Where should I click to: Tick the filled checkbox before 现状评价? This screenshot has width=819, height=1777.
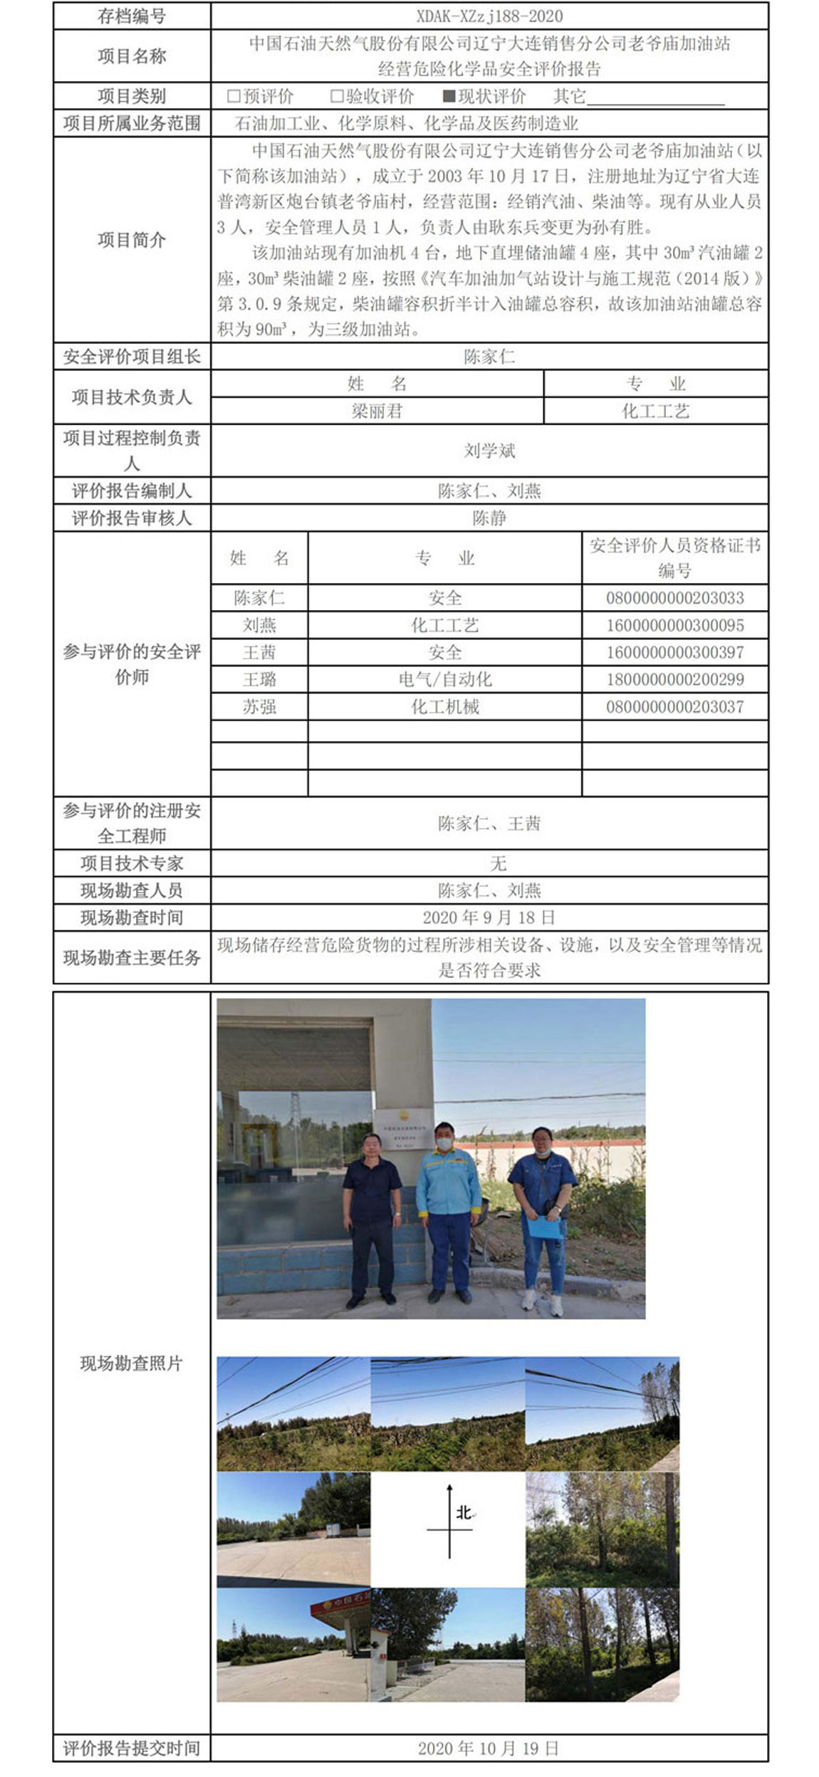click(449, 95)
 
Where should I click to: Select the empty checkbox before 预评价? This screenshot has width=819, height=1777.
click(233, 95)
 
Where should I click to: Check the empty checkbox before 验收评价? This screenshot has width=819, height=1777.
click(337, 95)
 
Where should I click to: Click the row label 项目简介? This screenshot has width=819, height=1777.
click(132, 240)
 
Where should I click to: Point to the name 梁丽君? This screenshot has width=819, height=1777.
click(377, 411)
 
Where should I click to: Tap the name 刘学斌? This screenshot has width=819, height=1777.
click(489, 451)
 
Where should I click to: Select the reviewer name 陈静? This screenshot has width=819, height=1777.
click(489, 518)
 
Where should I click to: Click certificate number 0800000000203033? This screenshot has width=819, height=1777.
click(674, 598)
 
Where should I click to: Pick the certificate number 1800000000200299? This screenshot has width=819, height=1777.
click(674, 679)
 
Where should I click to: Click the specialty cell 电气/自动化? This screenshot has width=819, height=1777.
click(444, 679)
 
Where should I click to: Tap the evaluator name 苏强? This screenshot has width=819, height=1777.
click(259, 706)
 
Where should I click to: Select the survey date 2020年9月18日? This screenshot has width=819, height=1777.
click(489, 917)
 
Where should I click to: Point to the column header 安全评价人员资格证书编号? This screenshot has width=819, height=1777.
click(674, 557)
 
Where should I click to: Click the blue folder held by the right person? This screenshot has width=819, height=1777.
click(546, 1227)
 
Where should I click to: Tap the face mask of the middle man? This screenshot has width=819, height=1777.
click(445, 1144)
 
